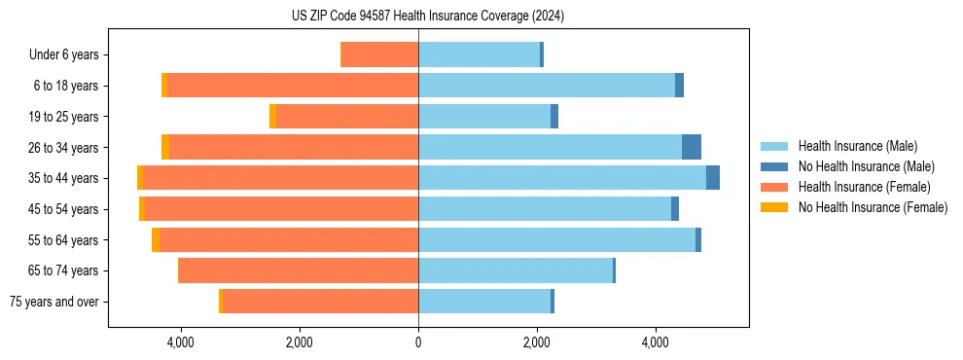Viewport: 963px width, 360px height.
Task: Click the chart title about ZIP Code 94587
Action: pyautogui.click(x=428, y=16)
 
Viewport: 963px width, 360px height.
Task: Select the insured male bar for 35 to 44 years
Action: pyautogui.click(x=562, y=178)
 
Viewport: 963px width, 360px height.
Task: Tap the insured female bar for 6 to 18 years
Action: pyautogui.click(x=292, y=86)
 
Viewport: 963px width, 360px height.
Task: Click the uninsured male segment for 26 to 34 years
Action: pyautogui.click(x=692, y=147)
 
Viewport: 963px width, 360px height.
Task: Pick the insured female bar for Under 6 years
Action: pyautogui.click(x=379, y=54)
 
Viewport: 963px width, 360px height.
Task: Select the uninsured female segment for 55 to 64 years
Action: pyautogui.click(x=156, y=239)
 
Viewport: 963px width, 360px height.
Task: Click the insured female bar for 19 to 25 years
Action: pyautogui.click(x=346, y=117)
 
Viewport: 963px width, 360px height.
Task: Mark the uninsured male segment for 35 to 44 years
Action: pyautogui.click(x=713, y=178)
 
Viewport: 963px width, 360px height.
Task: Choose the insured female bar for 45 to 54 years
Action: pyautogui.click(x=281, y=209)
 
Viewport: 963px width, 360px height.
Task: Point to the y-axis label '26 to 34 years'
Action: pyautogui.click(x=63, y=147)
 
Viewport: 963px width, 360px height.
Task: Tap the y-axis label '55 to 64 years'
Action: pyautogui.click(x=63, y=239)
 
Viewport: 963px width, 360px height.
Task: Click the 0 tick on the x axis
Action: pyautogui.click(x=418, y=342)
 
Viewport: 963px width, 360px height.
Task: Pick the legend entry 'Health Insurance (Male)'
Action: pyautogui.click(x=857, y=146)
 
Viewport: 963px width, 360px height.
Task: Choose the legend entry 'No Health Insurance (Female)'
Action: pyautogui.click(x=873, y=207)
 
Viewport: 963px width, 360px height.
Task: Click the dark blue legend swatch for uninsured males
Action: pyautogui.click(x=774, y=166)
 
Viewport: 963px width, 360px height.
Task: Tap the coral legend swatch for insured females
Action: pyautogui.click(x=774, y=187)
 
